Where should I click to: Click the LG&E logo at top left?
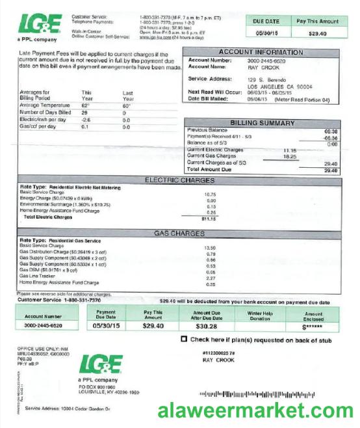40,25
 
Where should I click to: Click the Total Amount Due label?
209,169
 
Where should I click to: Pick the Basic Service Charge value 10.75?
210,194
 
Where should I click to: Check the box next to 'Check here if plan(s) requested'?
184,339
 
